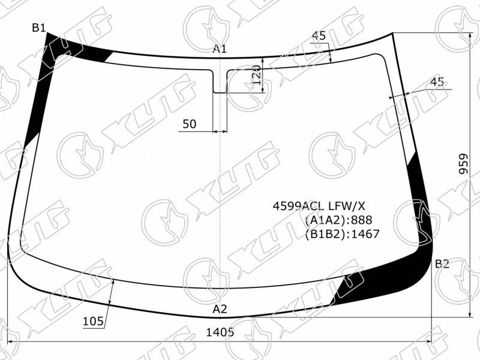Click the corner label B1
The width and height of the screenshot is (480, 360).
pyautogui.click(x=38, y=28)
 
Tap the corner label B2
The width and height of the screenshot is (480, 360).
pyautogui.click(x=442, y=263)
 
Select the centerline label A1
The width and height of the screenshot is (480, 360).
pyautogui.click(x=220, y=49)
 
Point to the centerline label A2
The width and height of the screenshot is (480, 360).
pyautogui.click(x=220, y=309)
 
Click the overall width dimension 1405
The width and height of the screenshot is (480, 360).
pyautogui.click(x=220, y=332)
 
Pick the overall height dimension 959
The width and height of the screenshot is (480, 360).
pyautogui.click(x=464, y=164)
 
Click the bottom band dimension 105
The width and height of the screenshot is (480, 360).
pyautogui.click(x=94, y=321)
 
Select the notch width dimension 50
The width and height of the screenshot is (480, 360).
pyautogui.click(x=189, y=124)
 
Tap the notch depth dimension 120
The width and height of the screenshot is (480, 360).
pyautogui.click(x=257, y=74)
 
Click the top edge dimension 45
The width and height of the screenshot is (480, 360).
pyautogui.click(x=319, y=36)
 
